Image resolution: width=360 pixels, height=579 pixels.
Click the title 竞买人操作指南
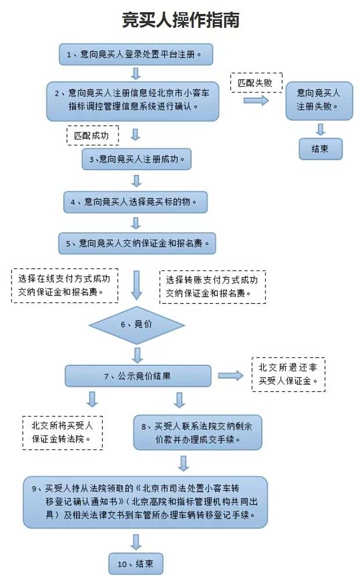(x=181, y=20)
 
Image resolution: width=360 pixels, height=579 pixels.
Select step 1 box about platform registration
(x=136, y=55)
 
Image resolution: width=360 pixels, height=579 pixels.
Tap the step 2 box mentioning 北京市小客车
(x=133, y=100)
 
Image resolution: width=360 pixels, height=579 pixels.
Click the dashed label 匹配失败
(x=255, y=83)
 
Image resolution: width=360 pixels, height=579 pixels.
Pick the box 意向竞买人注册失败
(x=319, y=100)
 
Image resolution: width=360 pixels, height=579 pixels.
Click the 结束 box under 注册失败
(x=320, y=149)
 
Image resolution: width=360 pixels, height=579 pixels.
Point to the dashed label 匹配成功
(x=92, y=135)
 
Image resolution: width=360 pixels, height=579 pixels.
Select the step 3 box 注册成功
(x=136, y=159)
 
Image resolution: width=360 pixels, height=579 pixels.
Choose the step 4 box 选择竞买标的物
(x=135, y=202)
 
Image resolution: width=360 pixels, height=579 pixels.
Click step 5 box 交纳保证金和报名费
(x=137, y=243)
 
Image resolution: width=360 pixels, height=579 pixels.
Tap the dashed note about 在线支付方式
(x=64, y=286)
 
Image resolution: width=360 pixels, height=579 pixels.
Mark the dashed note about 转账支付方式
(x=213, y=287)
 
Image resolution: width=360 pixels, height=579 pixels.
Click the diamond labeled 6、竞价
(x=136, y=324)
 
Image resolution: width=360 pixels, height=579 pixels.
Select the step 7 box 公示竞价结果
(x=138, y=376)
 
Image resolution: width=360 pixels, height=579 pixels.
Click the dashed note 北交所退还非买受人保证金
(x=288, y=374)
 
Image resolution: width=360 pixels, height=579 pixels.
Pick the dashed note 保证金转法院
(x=62, y=432)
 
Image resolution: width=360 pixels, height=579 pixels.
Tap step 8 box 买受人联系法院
(x=197, y=432)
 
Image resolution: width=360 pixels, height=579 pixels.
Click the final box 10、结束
(x=136, y=563)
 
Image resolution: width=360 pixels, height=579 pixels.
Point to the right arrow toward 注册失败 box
(x=256, y=100)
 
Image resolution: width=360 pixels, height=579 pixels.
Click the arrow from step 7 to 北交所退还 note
(x=231, y=376)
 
